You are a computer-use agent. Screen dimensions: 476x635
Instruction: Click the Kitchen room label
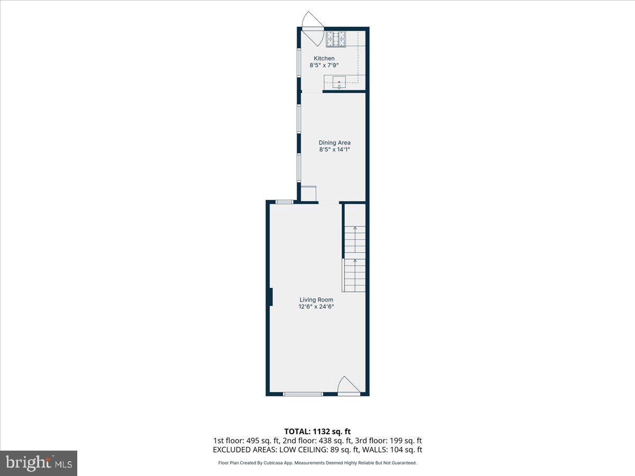click(324, 58)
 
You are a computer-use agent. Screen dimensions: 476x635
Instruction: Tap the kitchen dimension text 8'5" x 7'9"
click(324, 65)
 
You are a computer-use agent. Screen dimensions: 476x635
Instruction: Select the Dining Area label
click(334, 142)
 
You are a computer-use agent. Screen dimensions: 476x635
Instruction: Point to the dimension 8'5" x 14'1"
click(334, 150)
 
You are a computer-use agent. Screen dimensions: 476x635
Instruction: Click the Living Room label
click(316, 299)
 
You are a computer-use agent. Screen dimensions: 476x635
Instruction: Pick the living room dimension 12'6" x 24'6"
click(316, 306)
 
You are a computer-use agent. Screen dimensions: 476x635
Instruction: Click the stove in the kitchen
click(335, 39)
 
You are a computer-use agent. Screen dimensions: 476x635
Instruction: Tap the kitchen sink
click(339, 82)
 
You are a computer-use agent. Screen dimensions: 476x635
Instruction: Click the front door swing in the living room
click(349, 385)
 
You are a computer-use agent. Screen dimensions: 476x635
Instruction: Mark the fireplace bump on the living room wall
click(270, 297)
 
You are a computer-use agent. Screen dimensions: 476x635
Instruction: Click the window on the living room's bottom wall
click(303, 394)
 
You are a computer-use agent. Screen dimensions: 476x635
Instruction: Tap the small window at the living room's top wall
click(285, 202)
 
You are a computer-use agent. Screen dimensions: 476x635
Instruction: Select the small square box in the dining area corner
click(308, 193)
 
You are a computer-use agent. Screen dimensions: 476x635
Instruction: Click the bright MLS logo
click(39, 463)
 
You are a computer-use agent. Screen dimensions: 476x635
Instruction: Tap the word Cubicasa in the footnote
click(277, 463)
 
